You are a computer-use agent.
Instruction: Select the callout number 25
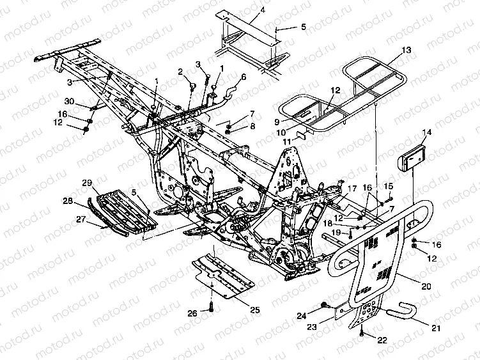tap(255, 310)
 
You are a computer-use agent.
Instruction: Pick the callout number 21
tap(435, 329)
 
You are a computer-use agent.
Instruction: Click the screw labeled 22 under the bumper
tap(363, 332)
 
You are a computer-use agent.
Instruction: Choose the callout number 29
tap(88, 183)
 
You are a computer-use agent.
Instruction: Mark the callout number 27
tap(81, 219)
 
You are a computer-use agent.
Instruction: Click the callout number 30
tap(68, 101)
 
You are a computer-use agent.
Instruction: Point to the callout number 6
tap(243, 77)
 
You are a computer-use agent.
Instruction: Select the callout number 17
tap(351, 188)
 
